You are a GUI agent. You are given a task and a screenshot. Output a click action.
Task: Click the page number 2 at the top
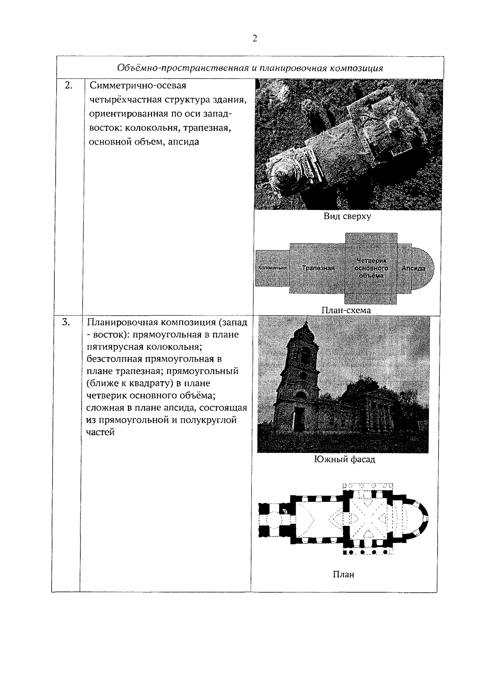point(255,39)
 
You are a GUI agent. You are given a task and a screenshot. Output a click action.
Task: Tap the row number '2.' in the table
point(68,85)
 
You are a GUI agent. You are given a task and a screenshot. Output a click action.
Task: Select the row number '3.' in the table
point(66,322)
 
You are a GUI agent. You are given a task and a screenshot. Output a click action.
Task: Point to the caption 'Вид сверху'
point(347,216)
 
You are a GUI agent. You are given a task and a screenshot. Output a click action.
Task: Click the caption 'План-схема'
point(346,310)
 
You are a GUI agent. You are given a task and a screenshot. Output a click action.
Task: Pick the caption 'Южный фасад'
point(345,459)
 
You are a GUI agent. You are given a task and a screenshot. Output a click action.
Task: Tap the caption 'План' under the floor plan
point(344,574)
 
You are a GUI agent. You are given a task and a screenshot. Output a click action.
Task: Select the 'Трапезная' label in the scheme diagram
point(318,268)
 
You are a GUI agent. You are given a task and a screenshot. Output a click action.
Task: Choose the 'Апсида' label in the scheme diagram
point(413,268)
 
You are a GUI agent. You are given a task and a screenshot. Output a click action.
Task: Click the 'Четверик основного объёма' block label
point(371,268)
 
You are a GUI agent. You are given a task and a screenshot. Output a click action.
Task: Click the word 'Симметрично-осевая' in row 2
point(138,86)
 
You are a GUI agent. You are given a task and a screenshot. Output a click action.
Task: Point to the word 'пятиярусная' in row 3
point(110,347)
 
